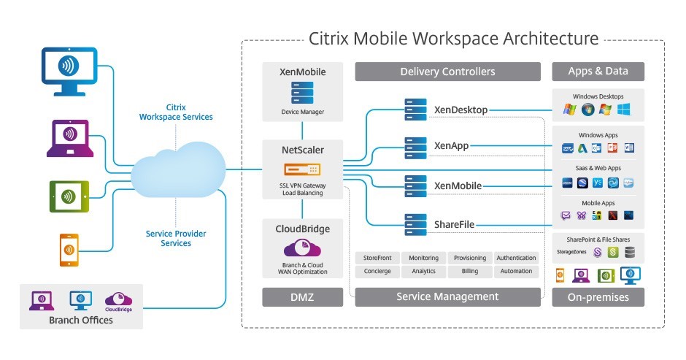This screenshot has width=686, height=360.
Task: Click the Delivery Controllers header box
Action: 447,72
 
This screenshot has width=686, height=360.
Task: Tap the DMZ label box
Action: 302,296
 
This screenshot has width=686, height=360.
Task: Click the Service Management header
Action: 447,296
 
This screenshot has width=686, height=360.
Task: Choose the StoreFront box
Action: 377,258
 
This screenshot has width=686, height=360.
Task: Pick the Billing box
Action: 470,271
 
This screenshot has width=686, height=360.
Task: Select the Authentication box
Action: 517,258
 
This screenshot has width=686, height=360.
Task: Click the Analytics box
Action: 423,271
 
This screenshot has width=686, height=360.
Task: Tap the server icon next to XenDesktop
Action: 416,110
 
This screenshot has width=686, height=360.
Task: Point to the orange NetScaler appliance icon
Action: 302,169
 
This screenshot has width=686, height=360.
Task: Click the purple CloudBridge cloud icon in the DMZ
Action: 302,248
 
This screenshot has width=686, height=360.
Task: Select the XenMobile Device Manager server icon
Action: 302,94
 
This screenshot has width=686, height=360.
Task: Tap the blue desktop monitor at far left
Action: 69,69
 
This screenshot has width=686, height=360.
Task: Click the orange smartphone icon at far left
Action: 69,249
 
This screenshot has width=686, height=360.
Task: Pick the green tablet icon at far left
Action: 69,195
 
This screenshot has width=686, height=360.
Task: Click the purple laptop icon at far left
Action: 69,137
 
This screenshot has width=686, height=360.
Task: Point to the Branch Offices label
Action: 81,320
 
